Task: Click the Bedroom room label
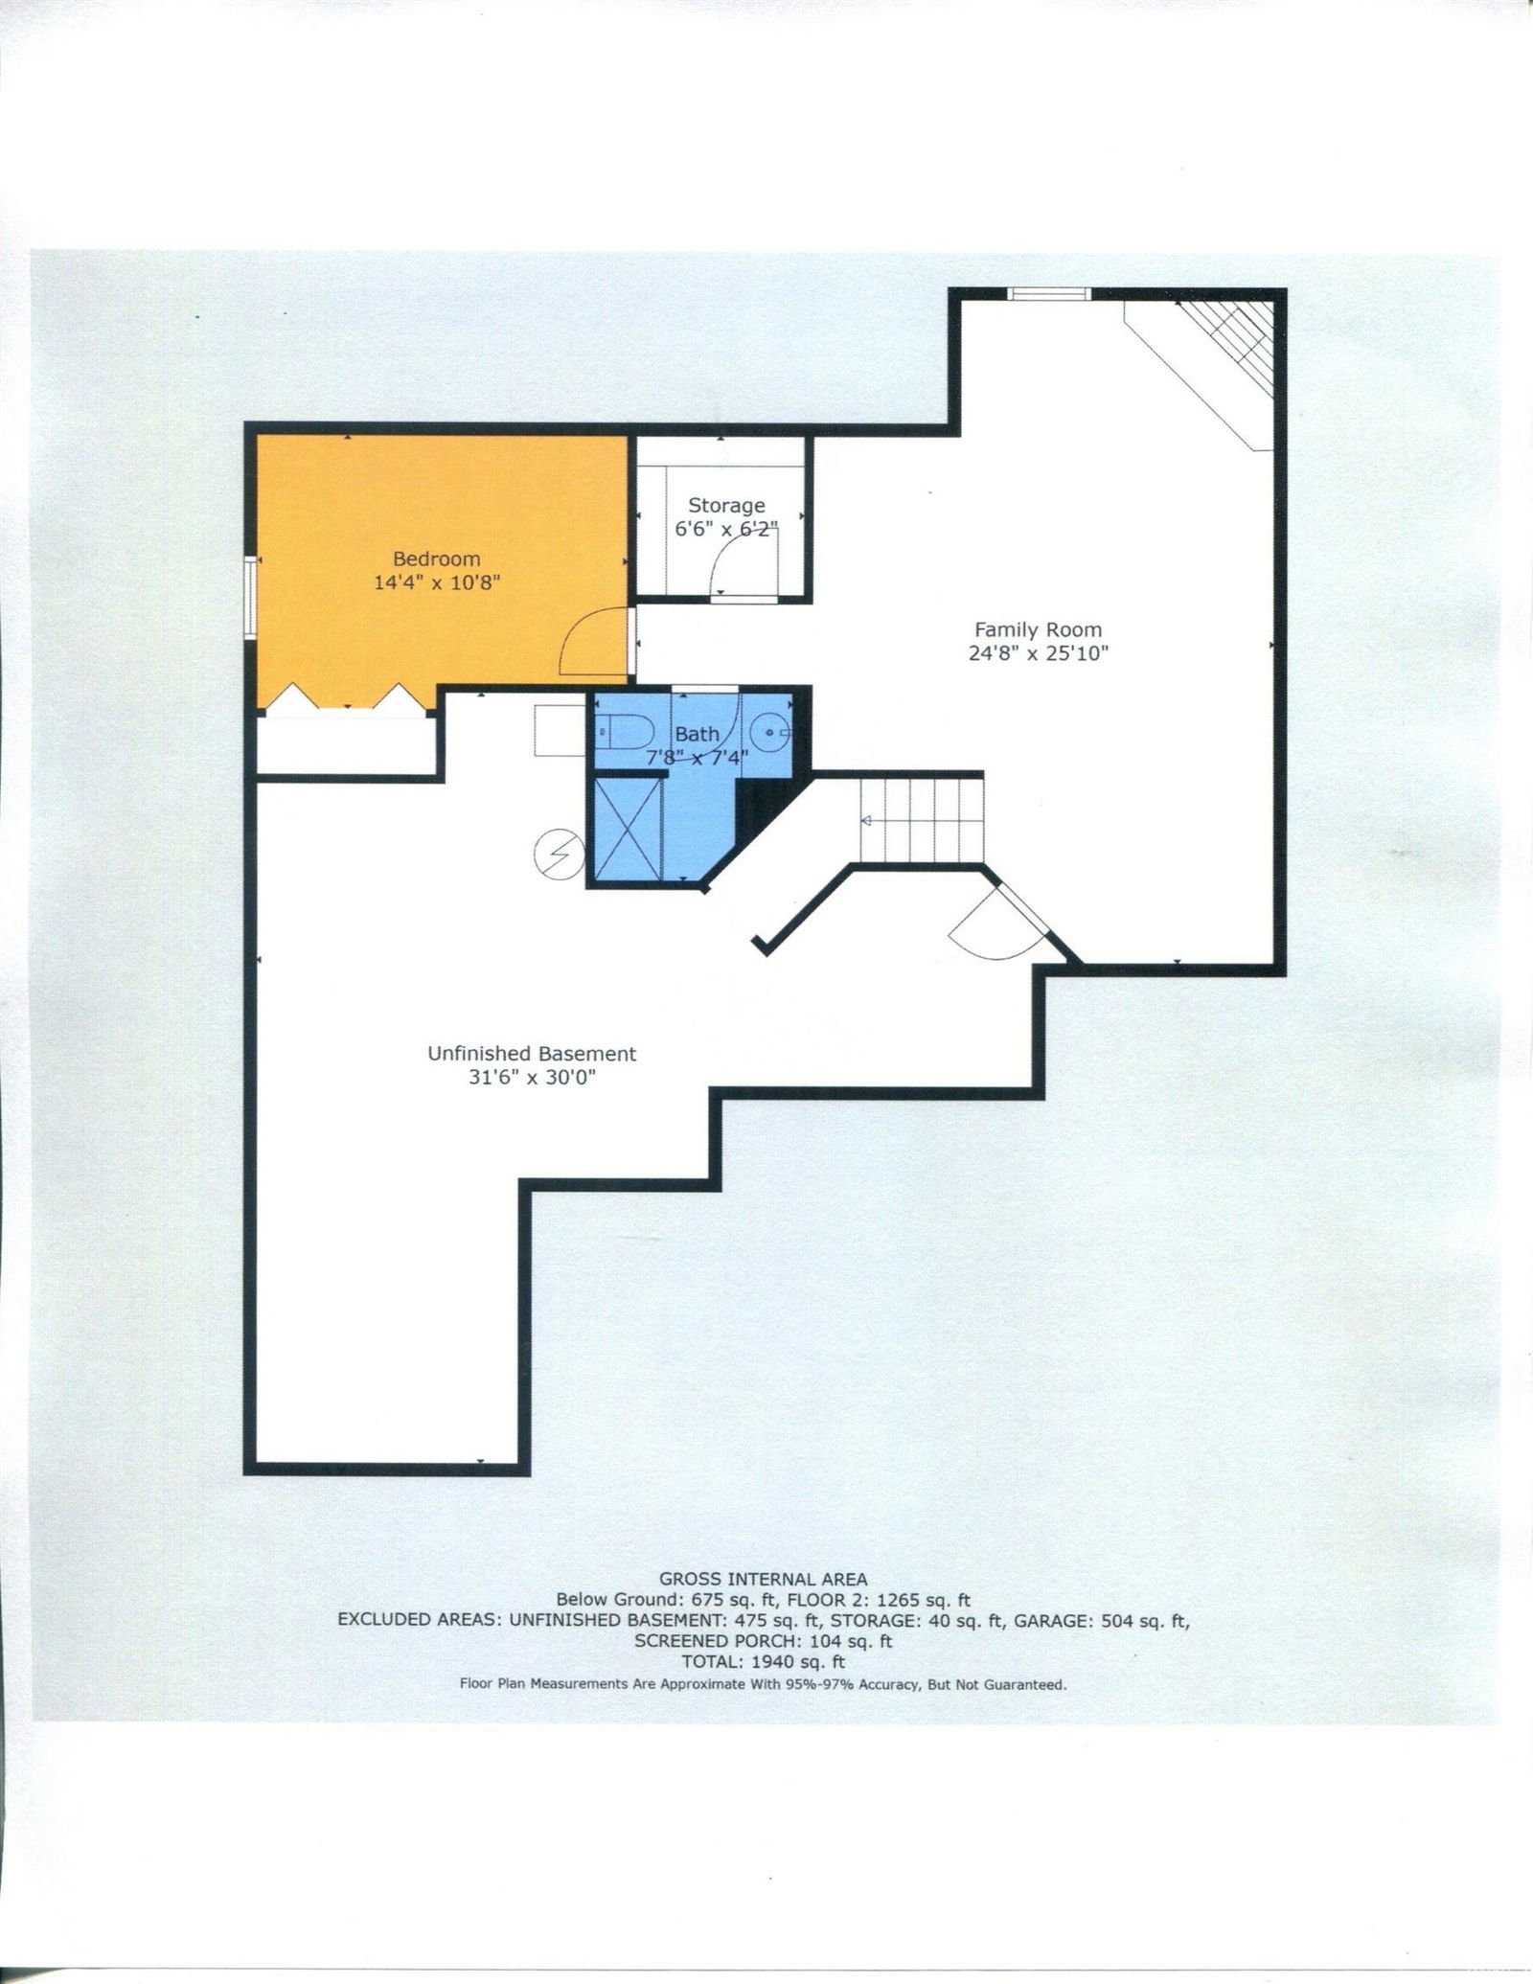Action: coord(437,559)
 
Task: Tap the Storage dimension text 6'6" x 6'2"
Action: coord(726,529)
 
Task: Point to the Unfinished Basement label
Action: coord(532,1054)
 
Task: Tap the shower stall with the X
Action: coord(629,830)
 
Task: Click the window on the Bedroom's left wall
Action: coord(249,596)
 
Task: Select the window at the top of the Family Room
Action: coord(1050,294)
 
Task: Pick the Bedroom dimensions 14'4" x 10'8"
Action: coord(437,582)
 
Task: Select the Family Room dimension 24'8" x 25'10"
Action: coord(1038,654)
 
